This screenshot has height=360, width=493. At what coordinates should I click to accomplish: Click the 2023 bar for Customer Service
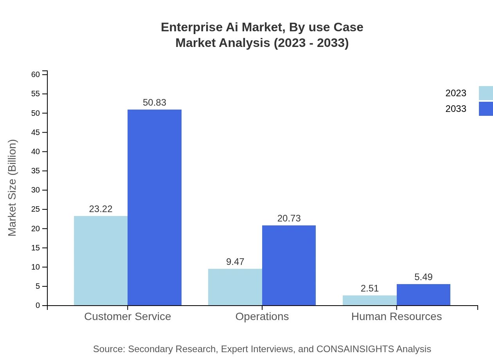101,261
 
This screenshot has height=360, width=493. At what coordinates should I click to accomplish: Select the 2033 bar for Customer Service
155,207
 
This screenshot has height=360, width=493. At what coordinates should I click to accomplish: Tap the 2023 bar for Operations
235,287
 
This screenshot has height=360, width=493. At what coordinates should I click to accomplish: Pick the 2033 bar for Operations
289,265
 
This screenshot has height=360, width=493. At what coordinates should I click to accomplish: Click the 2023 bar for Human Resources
369,300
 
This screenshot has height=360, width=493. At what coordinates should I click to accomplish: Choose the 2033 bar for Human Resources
423,295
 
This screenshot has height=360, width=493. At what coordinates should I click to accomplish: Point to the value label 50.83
155,103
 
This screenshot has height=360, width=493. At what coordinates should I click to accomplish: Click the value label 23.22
101,209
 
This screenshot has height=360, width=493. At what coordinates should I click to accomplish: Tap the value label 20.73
289,218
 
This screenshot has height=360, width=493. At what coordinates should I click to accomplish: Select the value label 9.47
235,262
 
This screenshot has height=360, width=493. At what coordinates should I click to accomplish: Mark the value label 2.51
370,288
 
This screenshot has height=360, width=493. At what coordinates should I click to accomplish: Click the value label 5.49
423,277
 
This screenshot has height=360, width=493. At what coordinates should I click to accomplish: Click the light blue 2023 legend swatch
486,93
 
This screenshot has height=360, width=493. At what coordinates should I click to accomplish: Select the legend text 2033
456,109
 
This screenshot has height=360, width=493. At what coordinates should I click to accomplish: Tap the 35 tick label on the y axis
36,171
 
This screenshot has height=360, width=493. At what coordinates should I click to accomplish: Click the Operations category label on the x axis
262,316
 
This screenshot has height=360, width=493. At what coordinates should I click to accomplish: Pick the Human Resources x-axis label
396,316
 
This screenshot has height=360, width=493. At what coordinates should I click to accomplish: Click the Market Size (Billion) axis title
12,188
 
